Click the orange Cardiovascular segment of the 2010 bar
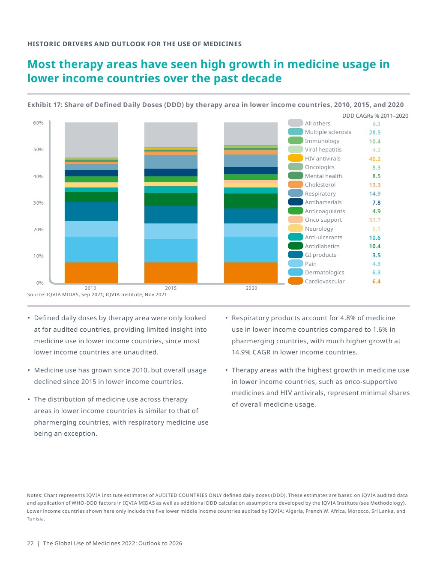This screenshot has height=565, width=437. point(91,272)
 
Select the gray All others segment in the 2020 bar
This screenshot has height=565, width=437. point(251,134)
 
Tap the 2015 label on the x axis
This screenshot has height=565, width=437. point(171,288)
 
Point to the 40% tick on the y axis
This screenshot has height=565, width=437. point(38,176)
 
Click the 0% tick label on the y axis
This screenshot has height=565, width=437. point(40,283)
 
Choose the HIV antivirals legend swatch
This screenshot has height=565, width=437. point(296,158)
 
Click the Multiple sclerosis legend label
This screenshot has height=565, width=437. point(328,132)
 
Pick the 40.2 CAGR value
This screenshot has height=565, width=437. point(374,159)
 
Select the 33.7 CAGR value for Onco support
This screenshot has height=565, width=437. point(374,220)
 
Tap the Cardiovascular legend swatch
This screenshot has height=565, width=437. point(296,281)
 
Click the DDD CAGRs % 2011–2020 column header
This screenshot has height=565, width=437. point(375,116)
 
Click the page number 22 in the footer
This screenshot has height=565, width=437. point(30,543)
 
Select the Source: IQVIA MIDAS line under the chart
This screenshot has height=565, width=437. point(97,294)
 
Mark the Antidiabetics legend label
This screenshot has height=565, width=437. point(322,246)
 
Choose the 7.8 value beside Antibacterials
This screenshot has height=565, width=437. point(376,202)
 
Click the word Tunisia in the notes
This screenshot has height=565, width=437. point(35,519)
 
